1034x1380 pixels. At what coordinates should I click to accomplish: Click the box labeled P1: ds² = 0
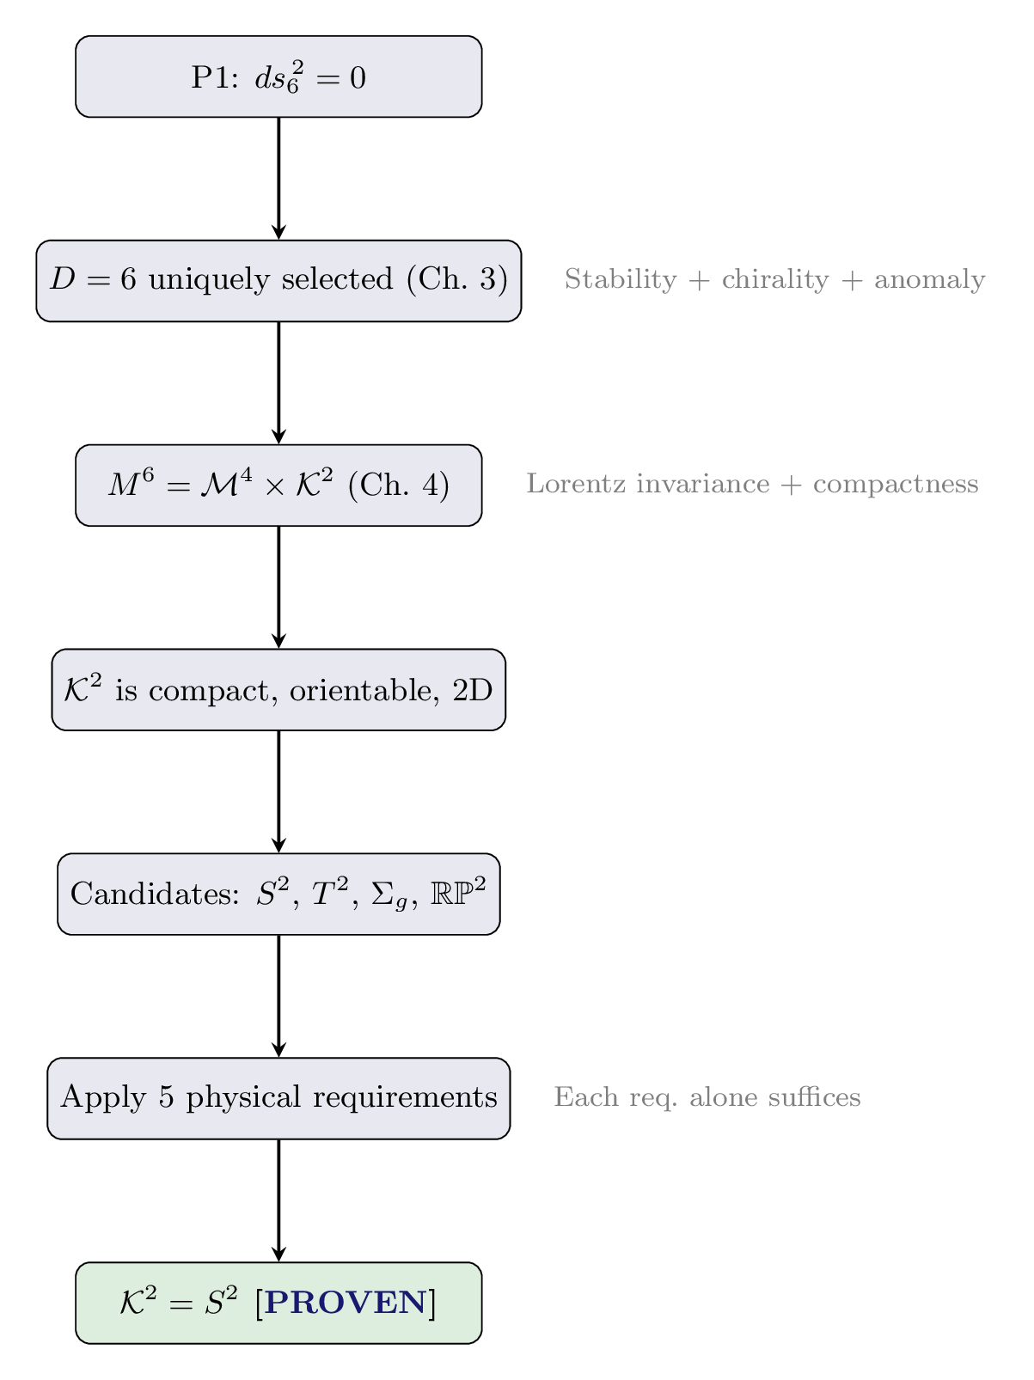(x=278, y=77)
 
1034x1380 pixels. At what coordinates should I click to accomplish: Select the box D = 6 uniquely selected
(x=278, y=281)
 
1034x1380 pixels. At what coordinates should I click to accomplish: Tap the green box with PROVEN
(x=278, y=1303)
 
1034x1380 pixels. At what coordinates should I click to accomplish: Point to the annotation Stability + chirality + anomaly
(x=774, y=280)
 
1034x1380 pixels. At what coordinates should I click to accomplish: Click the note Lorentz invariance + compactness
(x=752, y=485)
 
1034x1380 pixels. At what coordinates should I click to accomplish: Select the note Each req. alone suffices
(x=707, y=1097)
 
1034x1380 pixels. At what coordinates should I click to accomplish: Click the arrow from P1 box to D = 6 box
(x=278, y=178)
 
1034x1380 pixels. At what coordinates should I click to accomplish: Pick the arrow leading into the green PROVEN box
(x=278, y=1200)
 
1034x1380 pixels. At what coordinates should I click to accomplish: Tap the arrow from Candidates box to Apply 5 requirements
(x=278, y=996)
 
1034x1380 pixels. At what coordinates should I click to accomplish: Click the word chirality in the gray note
(x=775, y=280)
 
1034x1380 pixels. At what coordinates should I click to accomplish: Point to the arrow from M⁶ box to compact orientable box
(x=278, y=587)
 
